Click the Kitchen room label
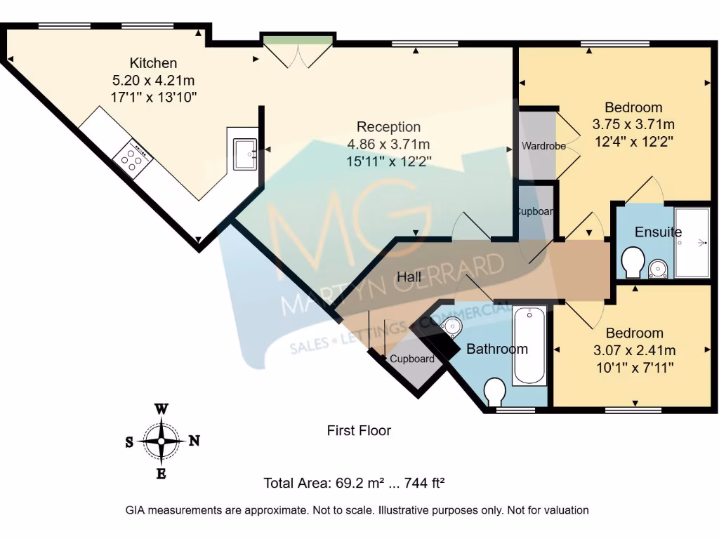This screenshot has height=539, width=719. pos(153,63)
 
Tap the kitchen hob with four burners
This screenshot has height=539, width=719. pos(133,159)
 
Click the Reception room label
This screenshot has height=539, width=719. pos(388,127)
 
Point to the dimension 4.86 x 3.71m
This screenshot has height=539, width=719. pos(388,144)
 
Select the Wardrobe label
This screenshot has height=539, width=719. pos(539,147)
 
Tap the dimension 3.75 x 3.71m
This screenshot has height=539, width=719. pos(633,124)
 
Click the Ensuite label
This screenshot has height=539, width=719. pos(658,232)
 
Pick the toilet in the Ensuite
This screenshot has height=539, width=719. pos(633,262)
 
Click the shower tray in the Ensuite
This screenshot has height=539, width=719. pos(692,242)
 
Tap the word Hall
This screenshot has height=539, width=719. pos(409,277)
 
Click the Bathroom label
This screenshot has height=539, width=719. pos(496,349)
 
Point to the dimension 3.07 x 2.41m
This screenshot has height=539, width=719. pos(634,350)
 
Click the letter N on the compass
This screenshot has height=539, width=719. pos(194,441)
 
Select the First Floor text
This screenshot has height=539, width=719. pos(359,430)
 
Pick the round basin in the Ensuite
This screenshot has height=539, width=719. pos(658,268)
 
